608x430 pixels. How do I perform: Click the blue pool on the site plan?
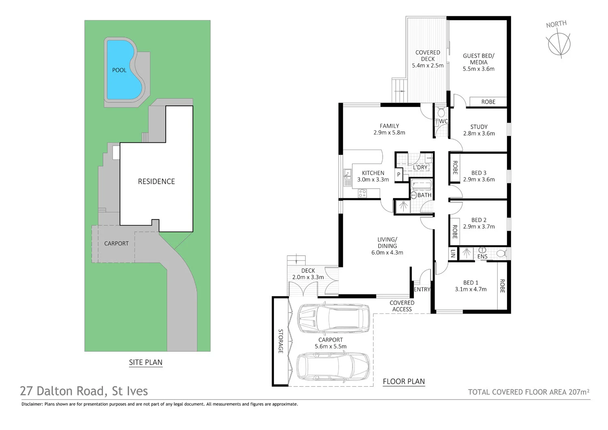click(122, 71)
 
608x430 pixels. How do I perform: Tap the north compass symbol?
click(559, 43)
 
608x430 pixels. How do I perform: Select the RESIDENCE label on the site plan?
click(156, 181)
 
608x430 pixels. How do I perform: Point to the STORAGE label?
click(280, 341)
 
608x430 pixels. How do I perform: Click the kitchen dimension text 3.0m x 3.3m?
click(373, 180)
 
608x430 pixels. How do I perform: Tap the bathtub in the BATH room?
click(421, 186)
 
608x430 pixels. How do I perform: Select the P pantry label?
click(399, 175)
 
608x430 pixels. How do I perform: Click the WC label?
click(443, 121)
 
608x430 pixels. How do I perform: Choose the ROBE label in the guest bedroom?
click(488, 102)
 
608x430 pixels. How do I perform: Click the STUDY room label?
click(479, 127)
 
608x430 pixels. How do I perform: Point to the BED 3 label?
click(479, 173)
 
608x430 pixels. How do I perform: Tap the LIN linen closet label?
click(453, 254)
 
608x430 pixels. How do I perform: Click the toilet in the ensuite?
click(501, 254)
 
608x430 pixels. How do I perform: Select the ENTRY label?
click(422, 289)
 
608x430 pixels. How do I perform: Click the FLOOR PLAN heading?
click(404, 381)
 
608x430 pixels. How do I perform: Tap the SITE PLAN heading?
click(146, 362)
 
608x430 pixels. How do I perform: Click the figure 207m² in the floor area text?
click(579, 392)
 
